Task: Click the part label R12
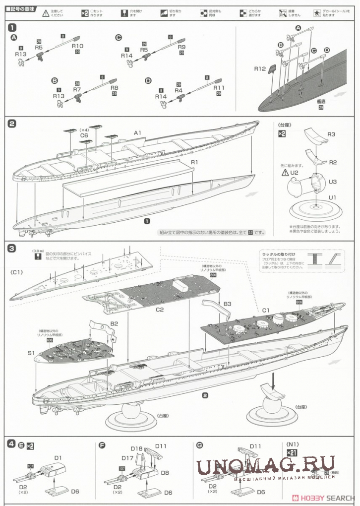(x=260, y=69)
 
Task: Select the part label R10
(x=77, y=46)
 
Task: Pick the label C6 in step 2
(x=84, y=135)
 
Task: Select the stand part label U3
(x=333, y=182)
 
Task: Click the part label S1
(x=31, y=353)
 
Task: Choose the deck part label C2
(x=160, y=310)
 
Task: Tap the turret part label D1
(x=58, y=457)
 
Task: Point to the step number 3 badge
(x=12, y=248)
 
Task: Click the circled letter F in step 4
(x=102, y=445)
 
